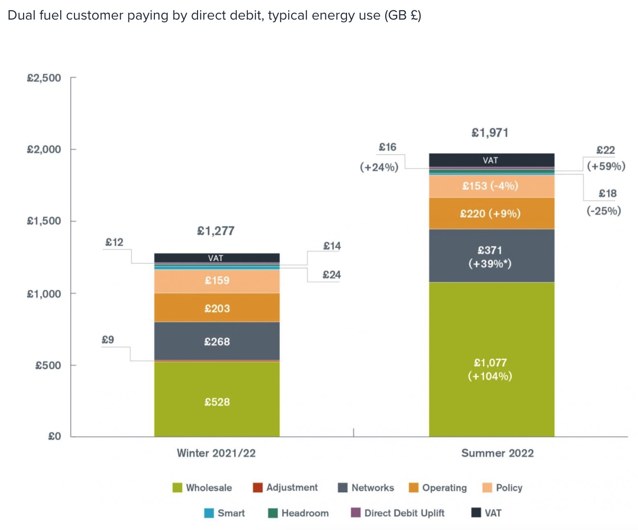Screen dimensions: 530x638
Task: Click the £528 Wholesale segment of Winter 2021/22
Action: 217,399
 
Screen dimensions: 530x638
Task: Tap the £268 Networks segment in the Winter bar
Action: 217,341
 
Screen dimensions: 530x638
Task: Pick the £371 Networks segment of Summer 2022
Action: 491,256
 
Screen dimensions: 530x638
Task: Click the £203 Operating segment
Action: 217,308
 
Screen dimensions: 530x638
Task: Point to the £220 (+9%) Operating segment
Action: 491,214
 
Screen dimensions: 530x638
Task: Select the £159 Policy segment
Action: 217,281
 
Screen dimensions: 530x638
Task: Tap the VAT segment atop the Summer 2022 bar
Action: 491,160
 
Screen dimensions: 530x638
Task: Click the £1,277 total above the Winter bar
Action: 216,231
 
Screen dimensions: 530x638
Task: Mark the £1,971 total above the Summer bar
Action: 490,133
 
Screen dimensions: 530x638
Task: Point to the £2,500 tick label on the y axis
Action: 44,78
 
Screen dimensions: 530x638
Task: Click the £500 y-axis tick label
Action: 48,365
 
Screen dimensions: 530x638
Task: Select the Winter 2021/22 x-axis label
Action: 216,453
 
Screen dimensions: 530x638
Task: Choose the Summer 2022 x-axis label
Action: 497,453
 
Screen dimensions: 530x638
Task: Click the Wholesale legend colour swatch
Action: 177,487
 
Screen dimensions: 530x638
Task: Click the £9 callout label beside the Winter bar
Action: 108,339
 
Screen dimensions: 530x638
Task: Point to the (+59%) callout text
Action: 606,166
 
